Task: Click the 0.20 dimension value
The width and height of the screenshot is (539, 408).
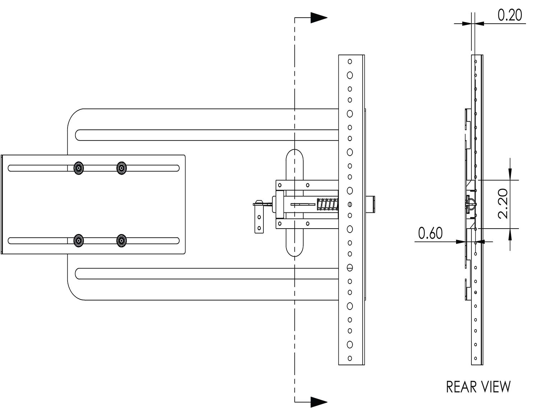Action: coord(510,15)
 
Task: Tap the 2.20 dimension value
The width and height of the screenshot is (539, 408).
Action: coord(503,203)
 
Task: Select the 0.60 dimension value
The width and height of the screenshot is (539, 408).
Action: coord(430,233)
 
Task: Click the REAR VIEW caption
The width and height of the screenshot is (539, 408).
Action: coord(478,387)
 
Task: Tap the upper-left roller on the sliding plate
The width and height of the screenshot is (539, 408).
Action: coord(79,168)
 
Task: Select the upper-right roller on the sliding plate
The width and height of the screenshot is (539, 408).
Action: coord(121,168)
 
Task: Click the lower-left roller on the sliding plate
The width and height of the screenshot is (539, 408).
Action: coord(79,240)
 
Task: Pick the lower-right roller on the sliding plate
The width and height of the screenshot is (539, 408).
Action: coord(121,240)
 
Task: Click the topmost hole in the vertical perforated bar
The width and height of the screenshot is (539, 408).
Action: coord(350,61)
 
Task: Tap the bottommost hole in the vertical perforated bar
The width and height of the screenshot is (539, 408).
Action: coord(350,358)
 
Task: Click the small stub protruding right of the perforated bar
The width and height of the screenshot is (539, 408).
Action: coord(370,205)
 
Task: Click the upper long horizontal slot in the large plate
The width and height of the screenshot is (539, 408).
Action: coord(207,135)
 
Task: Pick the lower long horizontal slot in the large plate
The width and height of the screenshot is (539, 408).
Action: coord(207,274)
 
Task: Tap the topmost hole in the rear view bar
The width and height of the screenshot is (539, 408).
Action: coord(476,61)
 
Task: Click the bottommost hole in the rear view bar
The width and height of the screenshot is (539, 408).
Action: coord(476,358)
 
